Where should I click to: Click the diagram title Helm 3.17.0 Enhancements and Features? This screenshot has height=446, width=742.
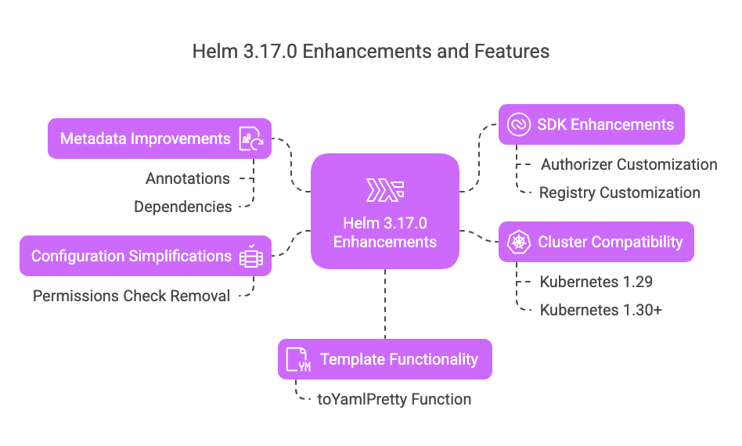pyautogui.click(x=371, y=52)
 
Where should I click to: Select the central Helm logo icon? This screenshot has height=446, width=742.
pyautogui.click(x=385, y=190)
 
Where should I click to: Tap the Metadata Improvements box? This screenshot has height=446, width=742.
pyautogui.click(x=159, y=139)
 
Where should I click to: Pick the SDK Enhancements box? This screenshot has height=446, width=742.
pyautogui.click(x=591, y=124)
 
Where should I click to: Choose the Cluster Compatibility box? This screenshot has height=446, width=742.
pyautogui.click(x=596, y=242)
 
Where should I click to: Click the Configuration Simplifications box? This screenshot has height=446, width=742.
pyautogui.click(x=145, y=256)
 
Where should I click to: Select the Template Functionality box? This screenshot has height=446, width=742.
pyautogui.click(x=385, y=359)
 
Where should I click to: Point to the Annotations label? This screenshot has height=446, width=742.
pyautogui.click(x=188, y=178)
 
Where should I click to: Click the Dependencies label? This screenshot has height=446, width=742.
pyautogui.click(x=183, y=207)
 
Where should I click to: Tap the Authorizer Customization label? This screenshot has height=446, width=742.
pyautogui.click(x=629, y=164)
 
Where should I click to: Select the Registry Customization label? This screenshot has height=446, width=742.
pyautogui.click(x=619, y=192)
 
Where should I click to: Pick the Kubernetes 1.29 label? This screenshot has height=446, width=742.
pyautogui.click(x=596, y=282)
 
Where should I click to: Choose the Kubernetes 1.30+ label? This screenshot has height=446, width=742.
pyautogui.click(x=601, y=310)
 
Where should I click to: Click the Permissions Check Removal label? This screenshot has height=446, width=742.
pyautogui.click(x=131, y=296)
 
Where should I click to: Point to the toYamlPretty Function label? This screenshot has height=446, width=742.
pyautogui.click(x=394, y=399)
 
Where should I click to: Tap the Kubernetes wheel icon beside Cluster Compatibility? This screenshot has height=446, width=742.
pyautogui.click(x=519, y=242)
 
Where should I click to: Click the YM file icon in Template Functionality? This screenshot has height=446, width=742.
pyautogui.click(x=298, y=360)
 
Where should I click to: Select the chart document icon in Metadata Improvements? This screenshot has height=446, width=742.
pyautogui.click(x=251, y=139)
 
